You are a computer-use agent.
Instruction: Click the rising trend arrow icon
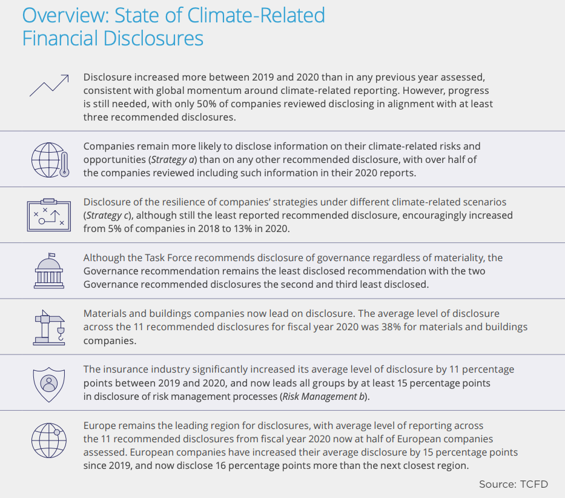[x=49, y=85]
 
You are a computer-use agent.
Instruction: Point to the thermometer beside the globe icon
[x=65, y=164]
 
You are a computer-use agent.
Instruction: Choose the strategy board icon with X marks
[x=49, y=215]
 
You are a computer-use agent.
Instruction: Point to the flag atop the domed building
[x=52, y=255]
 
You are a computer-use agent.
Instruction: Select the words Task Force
[x=168, y=258]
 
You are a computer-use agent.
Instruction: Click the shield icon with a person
[x=49, y=385]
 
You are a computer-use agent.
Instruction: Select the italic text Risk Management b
[x=323, y=397]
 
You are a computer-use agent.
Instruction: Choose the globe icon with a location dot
[x=49, y=440]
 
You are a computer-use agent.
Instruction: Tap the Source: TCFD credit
[x=514, y=484]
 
